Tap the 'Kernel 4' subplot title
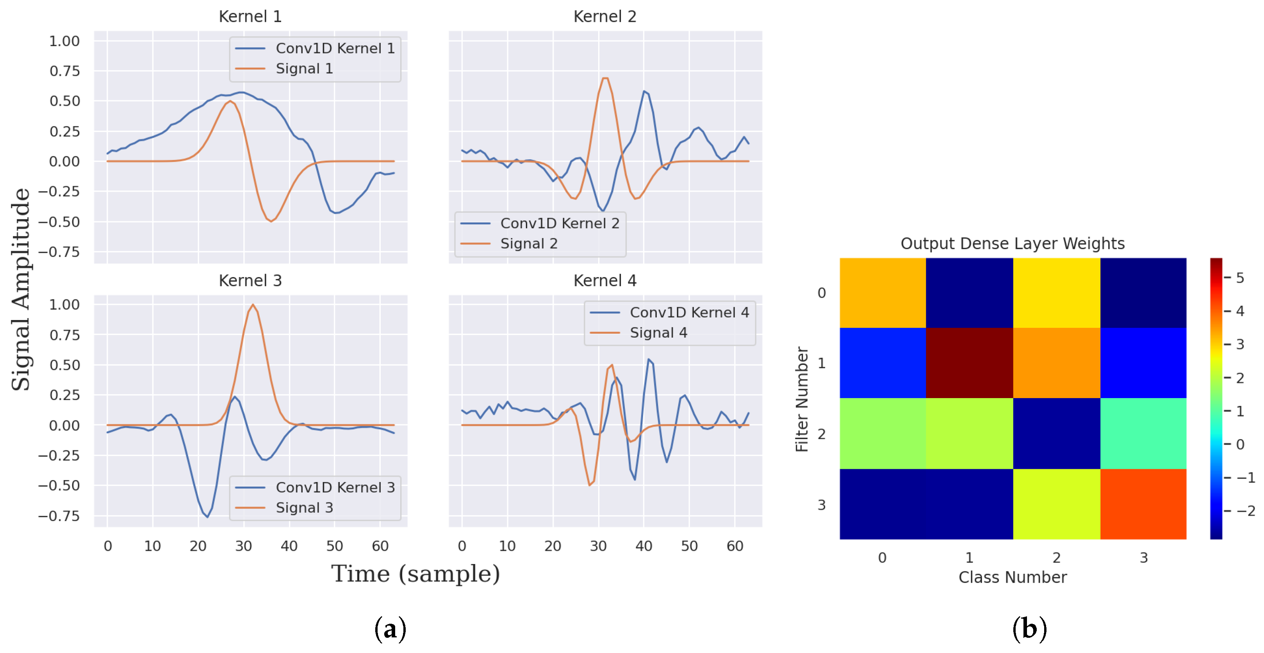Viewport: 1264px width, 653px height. (604, 280)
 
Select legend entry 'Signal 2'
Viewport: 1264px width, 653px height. (528, 243)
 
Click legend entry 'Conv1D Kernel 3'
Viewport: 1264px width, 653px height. (335, 487)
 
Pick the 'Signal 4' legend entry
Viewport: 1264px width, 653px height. (658, 333)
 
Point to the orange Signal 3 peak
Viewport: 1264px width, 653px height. (253, 305)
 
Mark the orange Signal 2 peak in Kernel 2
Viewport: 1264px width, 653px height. (605, 78)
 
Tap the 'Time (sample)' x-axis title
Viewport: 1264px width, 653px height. (415, 573)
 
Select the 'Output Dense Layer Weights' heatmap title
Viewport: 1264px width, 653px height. (1012, 243)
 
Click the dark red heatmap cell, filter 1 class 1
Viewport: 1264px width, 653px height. (969, 363)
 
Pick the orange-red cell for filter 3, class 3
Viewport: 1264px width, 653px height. (1143, 504)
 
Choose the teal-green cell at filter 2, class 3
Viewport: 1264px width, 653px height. (1143, 433)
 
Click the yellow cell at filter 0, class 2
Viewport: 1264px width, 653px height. (1056, 292)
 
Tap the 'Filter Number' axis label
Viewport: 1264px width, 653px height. (801, 399)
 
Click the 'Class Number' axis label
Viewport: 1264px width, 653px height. (1012, 577)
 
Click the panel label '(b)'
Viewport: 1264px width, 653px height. (1029, 628)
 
